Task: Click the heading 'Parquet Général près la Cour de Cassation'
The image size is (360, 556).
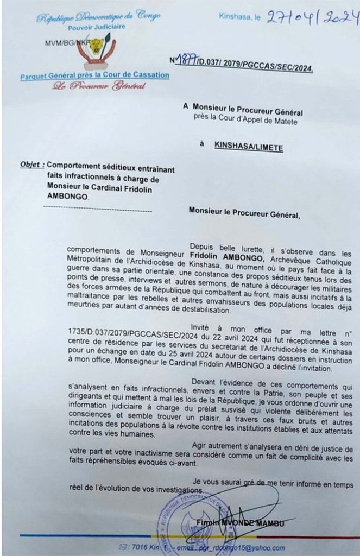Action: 94,75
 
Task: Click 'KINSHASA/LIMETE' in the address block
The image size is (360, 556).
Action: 248,145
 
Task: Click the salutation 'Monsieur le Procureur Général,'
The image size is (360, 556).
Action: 244,212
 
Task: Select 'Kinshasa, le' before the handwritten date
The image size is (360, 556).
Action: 239,18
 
